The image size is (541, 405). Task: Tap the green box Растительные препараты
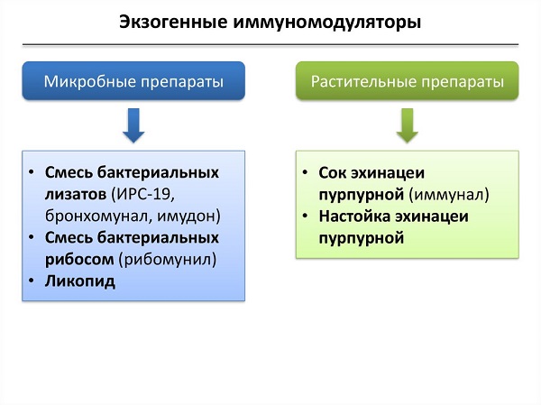pyautogui.click(x=408, y=81)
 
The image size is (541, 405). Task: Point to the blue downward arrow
pyautogui.click(x=133, y=125)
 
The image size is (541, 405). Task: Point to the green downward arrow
pyautogui.click(x=408, y=125)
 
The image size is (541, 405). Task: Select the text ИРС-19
pyautogui.click(x=145, y=194)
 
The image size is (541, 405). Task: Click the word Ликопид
pyautogui.click(x=80, y=281)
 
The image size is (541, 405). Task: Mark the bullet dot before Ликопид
pyautogui.click(x=32, y=281)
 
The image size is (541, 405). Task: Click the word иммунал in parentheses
pyautogui.click(x=449, y=194)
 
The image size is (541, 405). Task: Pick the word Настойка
pyautogui.click(x=353, y=216)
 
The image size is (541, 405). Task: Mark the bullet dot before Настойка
pyautogui.click(x=307, y=216)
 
